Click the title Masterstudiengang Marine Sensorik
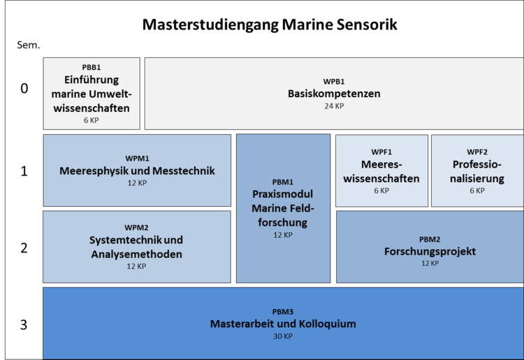click(x=270, y=25)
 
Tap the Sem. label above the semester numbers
click(x=29, y=45)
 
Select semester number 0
click(x=24, y=88)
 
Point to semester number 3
click(x=24, y=324)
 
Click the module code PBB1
click(x=92, y=67)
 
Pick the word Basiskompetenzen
click(x=334, y=94)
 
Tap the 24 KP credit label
click(x=334, y=106)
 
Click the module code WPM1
click(x=137, y=159)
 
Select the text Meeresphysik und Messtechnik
click(x=137, y=171)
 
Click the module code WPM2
click(x=136, y=228)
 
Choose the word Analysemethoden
click(x=137, y=254)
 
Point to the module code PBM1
click(x=283, y=182)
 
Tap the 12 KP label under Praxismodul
click(x=283, y=235)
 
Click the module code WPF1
click(x=381, y=152)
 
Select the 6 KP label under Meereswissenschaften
click(x=381, y=191)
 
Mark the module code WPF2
click(x=477, y=152)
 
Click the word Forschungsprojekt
click(x=430, y=252)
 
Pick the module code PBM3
click(x=283, y=312)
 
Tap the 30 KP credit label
click(x=283, y=336)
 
